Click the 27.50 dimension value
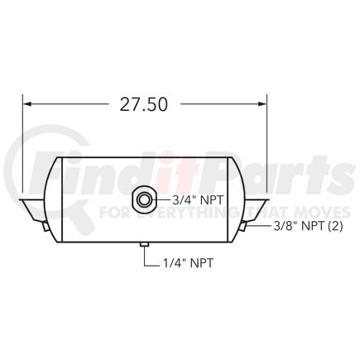(x=144, y=104)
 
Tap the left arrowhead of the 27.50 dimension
(x=27, y=104)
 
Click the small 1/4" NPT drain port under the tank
(x=145, y=244)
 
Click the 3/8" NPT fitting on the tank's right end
(x=244, y=224)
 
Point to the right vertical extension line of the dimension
(x=266, y=149)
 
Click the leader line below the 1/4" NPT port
(x=145, y=257)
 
